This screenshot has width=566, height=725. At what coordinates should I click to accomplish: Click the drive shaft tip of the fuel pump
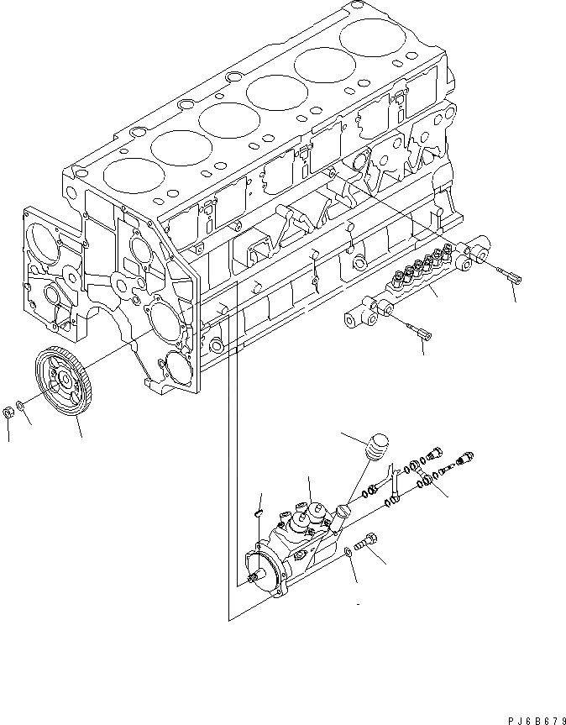click(254, 578)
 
